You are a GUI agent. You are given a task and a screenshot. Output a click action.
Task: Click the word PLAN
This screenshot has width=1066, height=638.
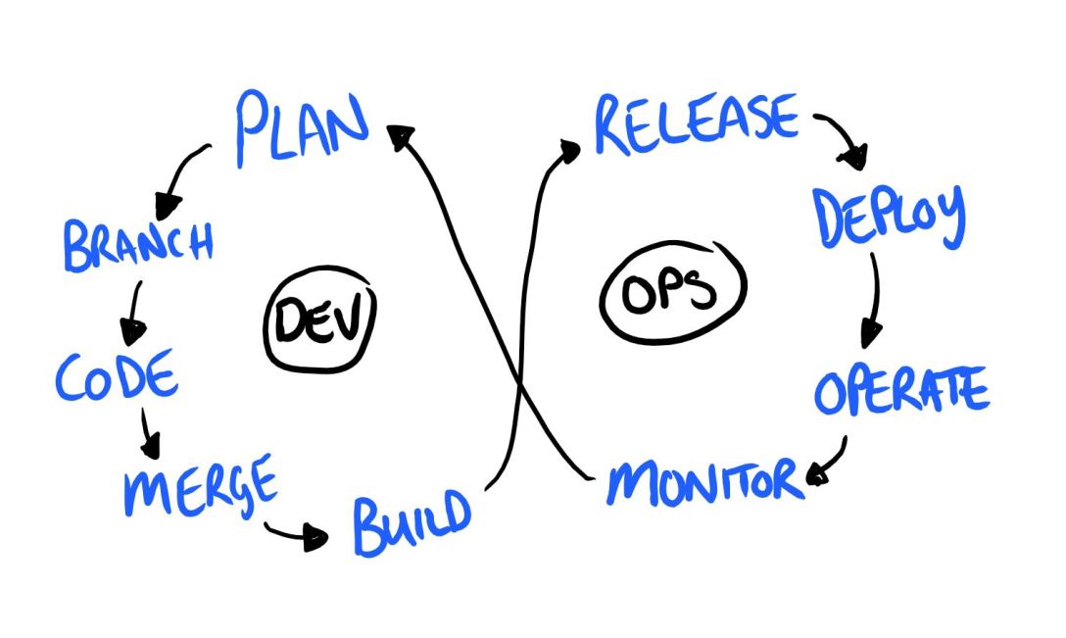pos(302,127)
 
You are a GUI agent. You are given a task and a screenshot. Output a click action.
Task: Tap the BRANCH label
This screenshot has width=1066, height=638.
pos(138,244)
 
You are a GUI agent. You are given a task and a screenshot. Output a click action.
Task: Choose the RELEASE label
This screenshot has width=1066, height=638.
pos(697,123)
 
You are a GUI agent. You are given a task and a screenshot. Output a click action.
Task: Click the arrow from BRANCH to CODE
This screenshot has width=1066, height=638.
pos(131,310)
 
